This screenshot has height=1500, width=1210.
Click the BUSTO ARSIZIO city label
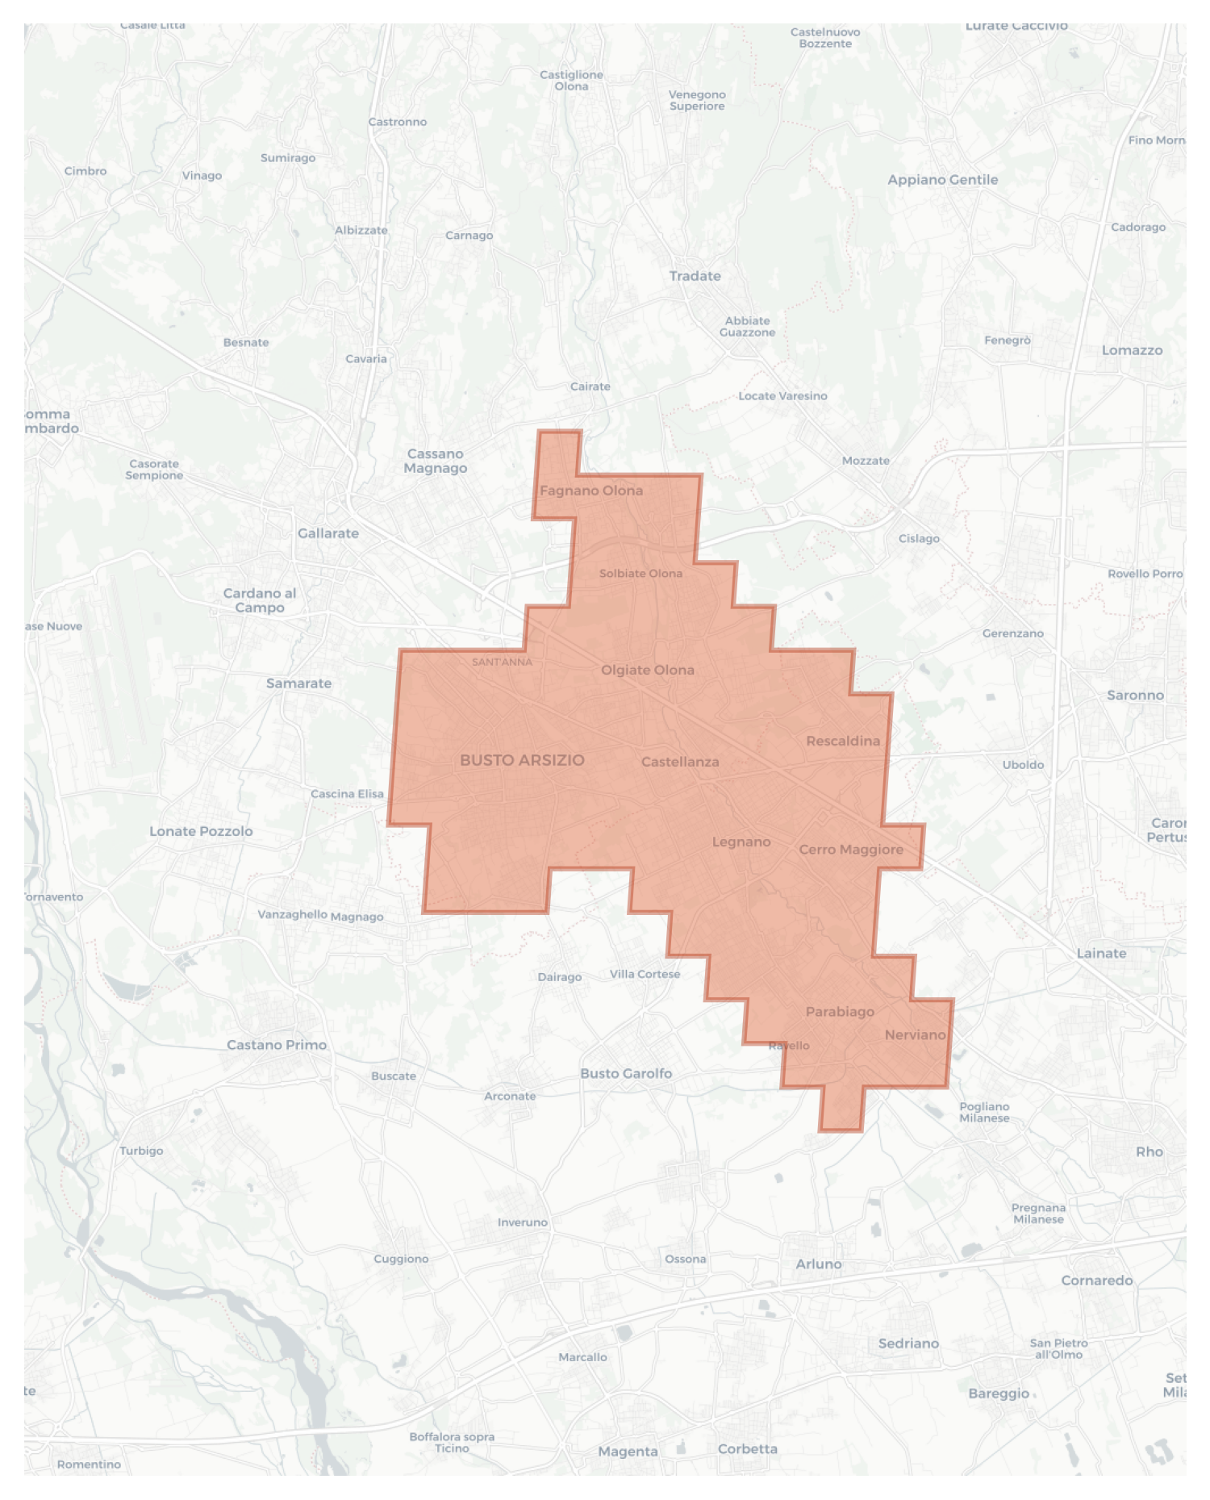coord(522,760)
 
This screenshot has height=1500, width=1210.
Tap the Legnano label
coord(741,842)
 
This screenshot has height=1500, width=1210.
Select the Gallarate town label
coord(328,533)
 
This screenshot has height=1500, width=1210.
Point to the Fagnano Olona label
coord(591,491)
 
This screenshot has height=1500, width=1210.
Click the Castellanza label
coord(680,762)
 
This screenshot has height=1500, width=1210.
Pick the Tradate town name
coord(695,276)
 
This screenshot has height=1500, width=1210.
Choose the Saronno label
coord(1135,695)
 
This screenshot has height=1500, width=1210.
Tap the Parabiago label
coord(840,1012)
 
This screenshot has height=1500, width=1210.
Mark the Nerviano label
coord(915,1034)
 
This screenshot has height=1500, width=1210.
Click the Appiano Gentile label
coord(942,180)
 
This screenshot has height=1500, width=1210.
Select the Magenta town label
coord(628,1452)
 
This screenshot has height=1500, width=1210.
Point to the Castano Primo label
coord(277,1045)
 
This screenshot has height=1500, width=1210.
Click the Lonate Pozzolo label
coord(201,831)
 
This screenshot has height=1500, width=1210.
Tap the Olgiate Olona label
coord(647,670)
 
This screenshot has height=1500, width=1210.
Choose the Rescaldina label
coord(843,741)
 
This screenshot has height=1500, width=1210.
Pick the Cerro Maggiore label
coord(851,850)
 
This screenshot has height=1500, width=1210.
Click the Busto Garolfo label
coord(626,1073)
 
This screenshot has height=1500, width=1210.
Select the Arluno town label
coord(819,1264)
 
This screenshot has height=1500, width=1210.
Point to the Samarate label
coord(298,683)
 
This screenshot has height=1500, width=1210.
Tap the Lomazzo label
coord(1132,350)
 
